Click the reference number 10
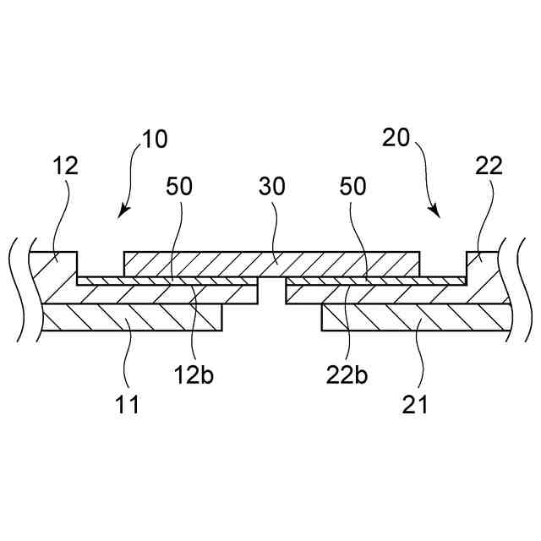pos(155,139)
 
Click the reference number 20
pos(396,139)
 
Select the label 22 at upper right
pos(488,165)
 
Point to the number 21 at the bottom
pos(415,404)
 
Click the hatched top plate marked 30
pos(272,263)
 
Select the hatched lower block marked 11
pos(131,319)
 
